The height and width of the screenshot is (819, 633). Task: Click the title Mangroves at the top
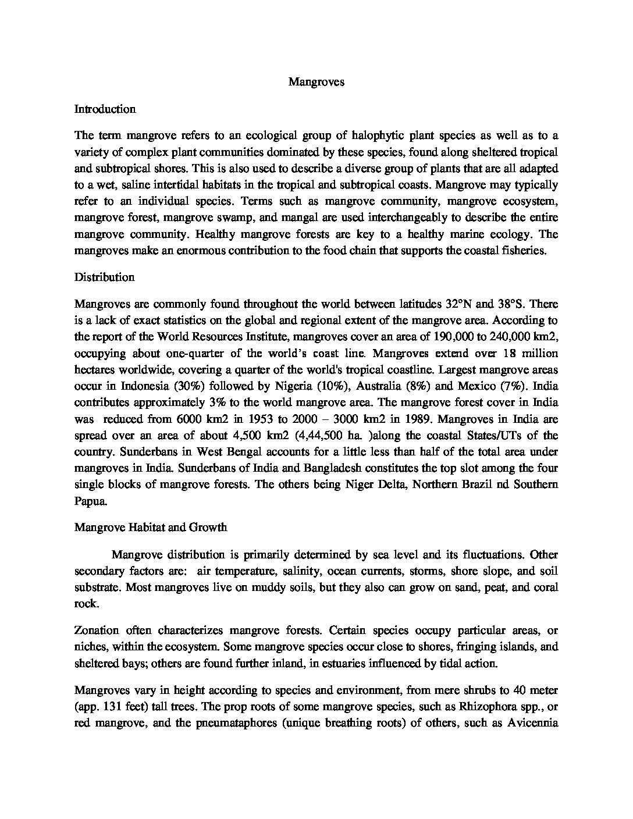(x=316, y=82)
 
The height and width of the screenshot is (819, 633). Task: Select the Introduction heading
(x=105, y=109)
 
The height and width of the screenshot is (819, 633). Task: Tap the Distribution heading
(x=104, y=277)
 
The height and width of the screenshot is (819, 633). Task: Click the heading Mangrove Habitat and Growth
(x=151, y=528)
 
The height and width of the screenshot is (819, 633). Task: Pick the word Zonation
(x=97, y=630)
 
